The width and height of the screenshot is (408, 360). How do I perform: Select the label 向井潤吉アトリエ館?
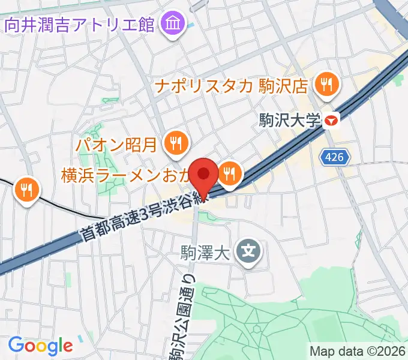tap(80, 25)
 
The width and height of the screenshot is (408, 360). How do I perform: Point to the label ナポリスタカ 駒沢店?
tap(231, 85)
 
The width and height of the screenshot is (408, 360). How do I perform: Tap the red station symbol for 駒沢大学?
tap(331, 121)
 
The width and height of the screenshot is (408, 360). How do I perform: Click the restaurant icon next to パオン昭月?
tap(176, 143)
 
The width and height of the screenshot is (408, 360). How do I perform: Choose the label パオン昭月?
tap(116, 144)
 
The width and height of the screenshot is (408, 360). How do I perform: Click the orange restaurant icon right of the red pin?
tap(229, 174)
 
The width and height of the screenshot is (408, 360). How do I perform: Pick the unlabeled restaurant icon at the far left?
tap(26, 190)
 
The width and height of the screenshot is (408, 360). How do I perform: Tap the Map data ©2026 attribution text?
tap(358, 351)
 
